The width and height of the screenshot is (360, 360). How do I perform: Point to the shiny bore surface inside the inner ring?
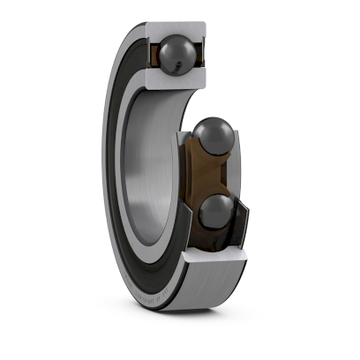point(141,176)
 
